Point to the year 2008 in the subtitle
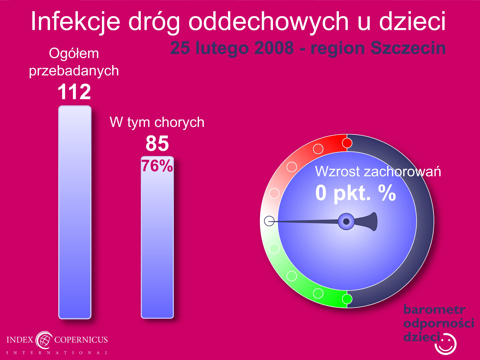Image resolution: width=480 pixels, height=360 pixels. (x=274, y=48)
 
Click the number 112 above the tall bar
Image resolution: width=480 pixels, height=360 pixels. (x=74, y=92)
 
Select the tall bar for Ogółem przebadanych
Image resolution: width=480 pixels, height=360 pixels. (x=75, y=212)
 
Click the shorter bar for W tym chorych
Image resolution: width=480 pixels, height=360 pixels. (x=158, y=237)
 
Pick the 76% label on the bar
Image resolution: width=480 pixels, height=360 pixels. (x=157, y=166)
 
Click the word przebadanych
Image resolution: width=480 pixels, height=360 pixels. (x=74, y=71)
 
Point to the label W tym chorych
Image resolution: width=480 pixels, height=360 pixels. (x=157, y=122)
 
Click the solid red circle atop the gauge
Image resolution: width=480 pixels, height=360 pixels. (x=347, y=143)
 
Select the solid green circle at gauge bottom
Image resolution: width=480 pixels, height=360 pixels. (x=347, y=299)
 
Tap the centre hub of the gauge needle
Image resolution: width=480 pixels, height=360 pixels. (x=346, y=221)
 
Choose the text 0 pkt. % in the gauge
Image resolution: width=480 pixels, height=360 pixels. (x=356, y=193)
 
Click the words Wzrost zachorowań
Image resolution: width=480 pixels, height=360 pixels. (x=378, y=171)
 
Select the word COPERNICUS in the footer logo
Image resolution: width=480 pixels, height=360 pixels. (x=81, y=340)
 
